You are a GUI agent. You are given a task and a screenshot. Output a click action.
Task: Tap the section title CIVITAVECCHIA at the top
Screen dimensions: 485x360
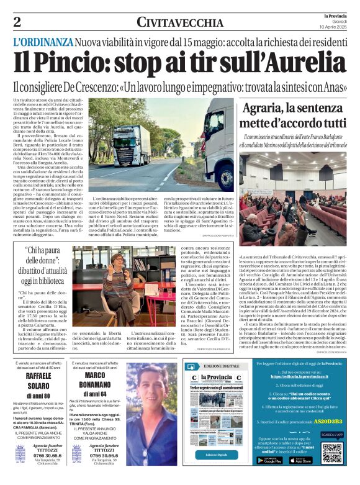(177, 22)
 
